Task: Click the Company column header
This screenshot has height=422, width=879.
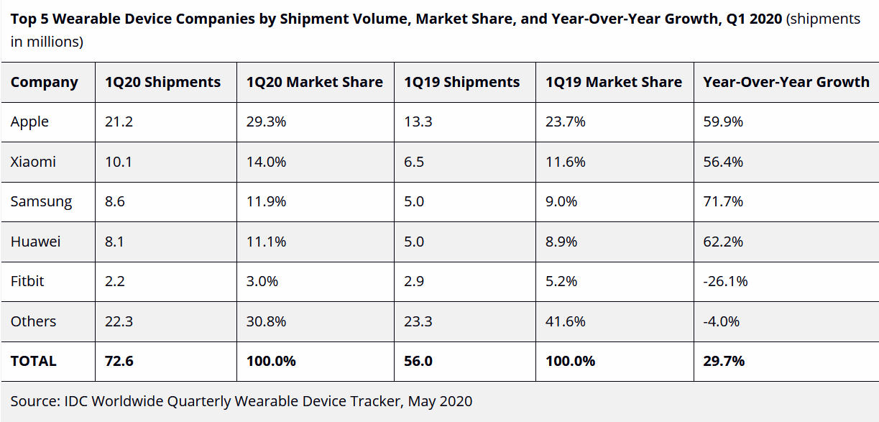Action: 44,82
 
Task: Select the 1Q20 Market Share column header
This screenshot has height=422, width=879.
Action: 314,82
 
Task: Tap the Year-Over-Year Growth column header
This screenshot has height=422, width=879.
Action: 786,82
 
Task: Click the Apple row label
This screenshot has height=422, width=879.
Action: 29,121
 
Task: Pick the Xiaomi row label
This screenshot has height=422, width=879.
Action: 33,162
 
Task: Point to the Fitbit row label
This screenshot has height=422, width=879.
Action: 27,281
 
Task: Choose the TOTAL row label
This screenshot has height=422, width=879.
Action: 33,361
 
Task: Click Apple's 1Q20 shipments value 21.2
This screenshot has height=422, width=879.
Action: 119,121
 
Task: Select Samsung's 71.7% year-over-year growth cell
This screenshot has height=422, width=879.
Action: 722,201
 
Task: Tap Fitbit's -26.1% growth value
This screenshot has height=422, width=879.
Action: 725,281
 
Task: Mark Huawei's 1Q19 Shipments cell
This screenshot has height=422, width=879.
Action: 413,242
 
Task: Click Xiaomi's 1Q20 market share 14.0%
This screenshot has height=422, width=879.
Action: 266,162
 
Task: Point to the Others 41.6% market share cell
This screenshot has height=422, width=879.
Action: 566,321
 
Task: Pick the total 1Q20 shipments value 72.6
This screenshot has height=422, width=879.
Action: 119,361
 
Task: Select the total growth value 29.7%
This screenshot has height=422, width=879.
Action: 724,361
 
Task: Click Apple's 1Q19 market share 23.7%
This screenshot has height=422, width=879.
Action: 566,121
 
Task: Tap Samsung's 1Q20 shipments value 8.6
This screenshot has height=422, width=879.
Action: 115,201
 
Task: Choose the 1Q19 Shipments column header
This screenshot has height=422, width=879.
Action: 461,82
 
